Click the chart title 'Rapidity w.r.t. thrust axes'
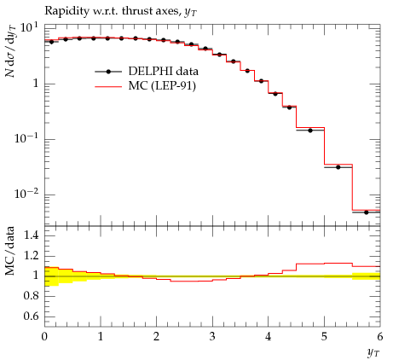coord(112,11)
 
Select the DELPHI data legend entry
coord(147,72)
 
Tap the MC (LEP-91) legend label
coord(162,85)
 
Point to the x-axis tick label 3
coord(212,337)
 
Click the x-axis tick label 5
coord(324,337)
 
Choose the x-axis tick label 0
coord(44,337)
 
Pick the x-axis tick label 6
coord(380,337)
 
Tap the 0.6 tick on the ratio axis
coord(32,316)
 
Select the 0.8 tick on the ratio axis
coord(32,296)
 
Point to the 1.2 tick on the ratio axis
coord(32,255)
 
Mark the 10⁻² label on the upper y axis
coord(27,195)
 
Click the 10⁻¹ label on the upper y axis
coord(27,139)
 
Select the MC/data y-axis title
coord(10,251)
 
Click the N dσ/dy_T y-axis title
coord(11,51)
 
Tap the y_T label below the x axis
coord(373,353)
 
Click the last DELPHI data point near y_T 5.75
coord(366,212)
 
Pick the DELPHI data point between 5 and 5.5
coord(338,167)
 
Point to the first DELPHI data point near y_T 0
coord(51,42)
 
